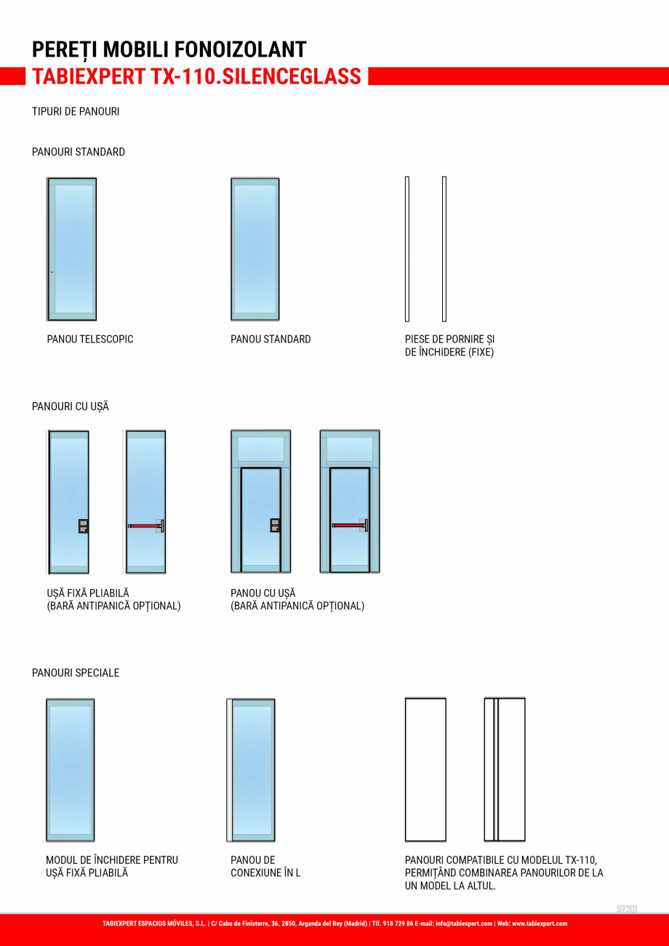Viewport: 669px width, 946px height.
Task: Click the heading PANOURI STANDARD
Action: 79,152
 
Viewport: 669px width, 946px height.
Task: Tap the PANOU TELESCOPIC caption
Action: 90,339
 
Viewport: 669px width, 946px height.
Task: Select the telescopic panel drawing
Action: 72,249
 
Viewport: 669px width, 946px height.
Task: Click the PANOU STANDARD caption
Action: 271,339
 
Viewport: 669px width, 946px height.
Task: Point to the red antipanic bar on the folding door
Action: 145,525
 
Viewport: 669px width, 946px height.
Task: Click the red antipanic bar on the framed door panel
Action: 349,525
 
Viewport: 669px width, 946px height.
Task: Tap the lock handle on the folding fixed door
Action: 84,526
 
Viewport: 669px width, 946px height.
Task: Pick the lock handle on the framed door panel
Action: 276,525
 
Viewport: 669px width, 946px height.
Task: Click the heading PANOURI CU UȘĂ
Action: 71,406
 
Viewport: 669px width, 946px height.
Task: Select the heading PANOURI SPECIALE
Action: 76,673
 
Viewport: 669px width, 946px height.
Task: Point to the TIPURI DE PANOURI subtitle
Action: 76,112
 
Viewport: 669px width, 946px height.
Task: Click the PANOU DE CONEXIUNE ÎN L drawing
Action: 252,770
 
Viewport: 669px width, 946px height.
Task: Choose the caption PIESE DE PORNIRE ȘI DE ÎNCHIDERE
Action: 449,345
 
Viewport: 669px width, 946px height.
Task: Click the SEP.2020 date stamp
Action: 627,909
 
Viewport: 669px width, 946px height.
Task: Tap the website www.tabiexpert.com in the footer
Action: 540,923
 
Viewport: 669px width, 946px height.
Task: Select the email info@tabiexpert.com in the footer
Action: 464,923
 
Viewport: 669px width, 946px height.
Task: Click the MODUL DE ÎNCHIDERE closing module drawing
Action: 71,770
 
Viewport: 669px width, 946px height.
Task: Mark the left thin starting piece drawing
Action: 407,249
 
